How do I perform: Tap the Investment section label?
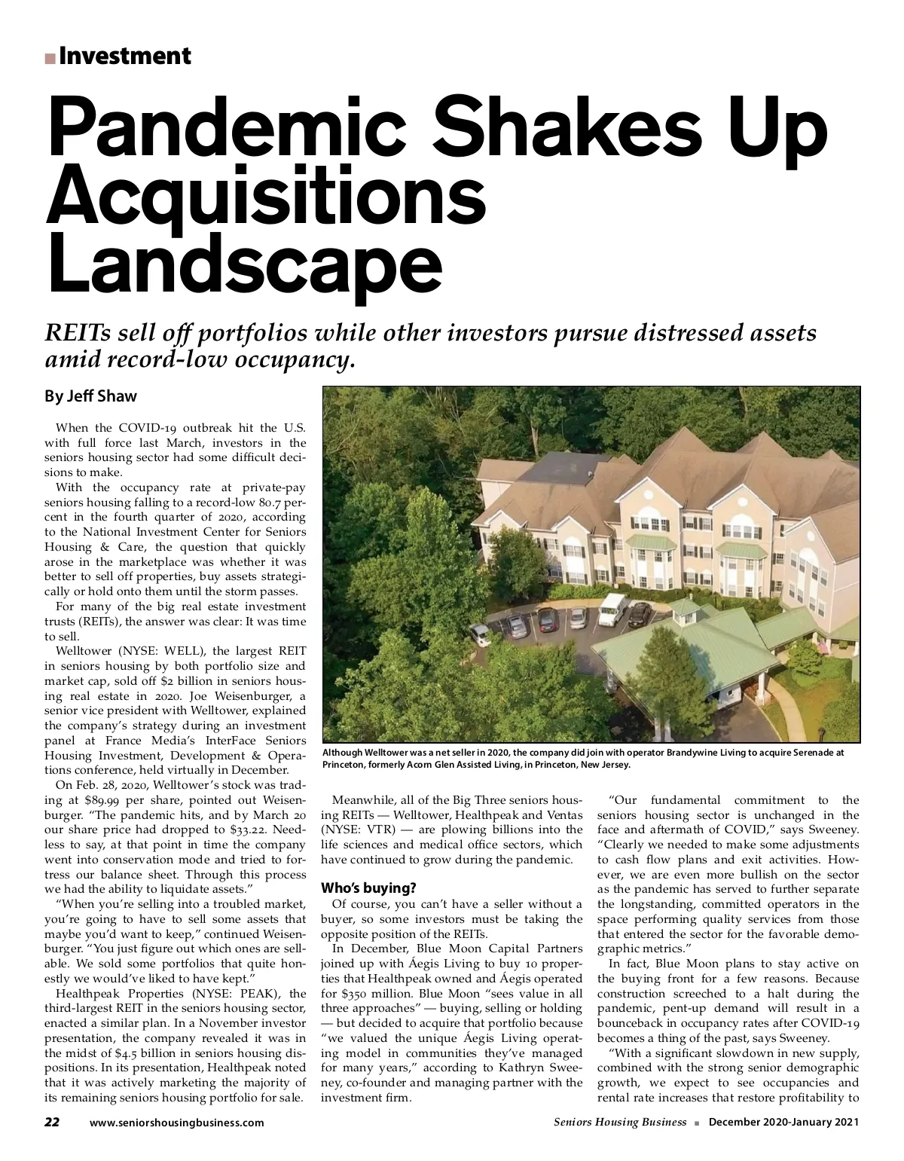(x=124, y=56)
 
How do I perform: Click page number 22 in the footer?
(x=52, y=1143)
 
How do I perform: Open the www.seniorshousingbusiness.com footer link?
(x=176, y=1144)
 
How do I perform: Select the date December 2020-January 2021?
(x=783, y=1143)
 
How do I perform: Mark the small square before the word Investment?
(x=50, y=58)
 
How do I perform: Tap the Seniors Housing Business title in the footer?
(x=619, y=1143)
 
